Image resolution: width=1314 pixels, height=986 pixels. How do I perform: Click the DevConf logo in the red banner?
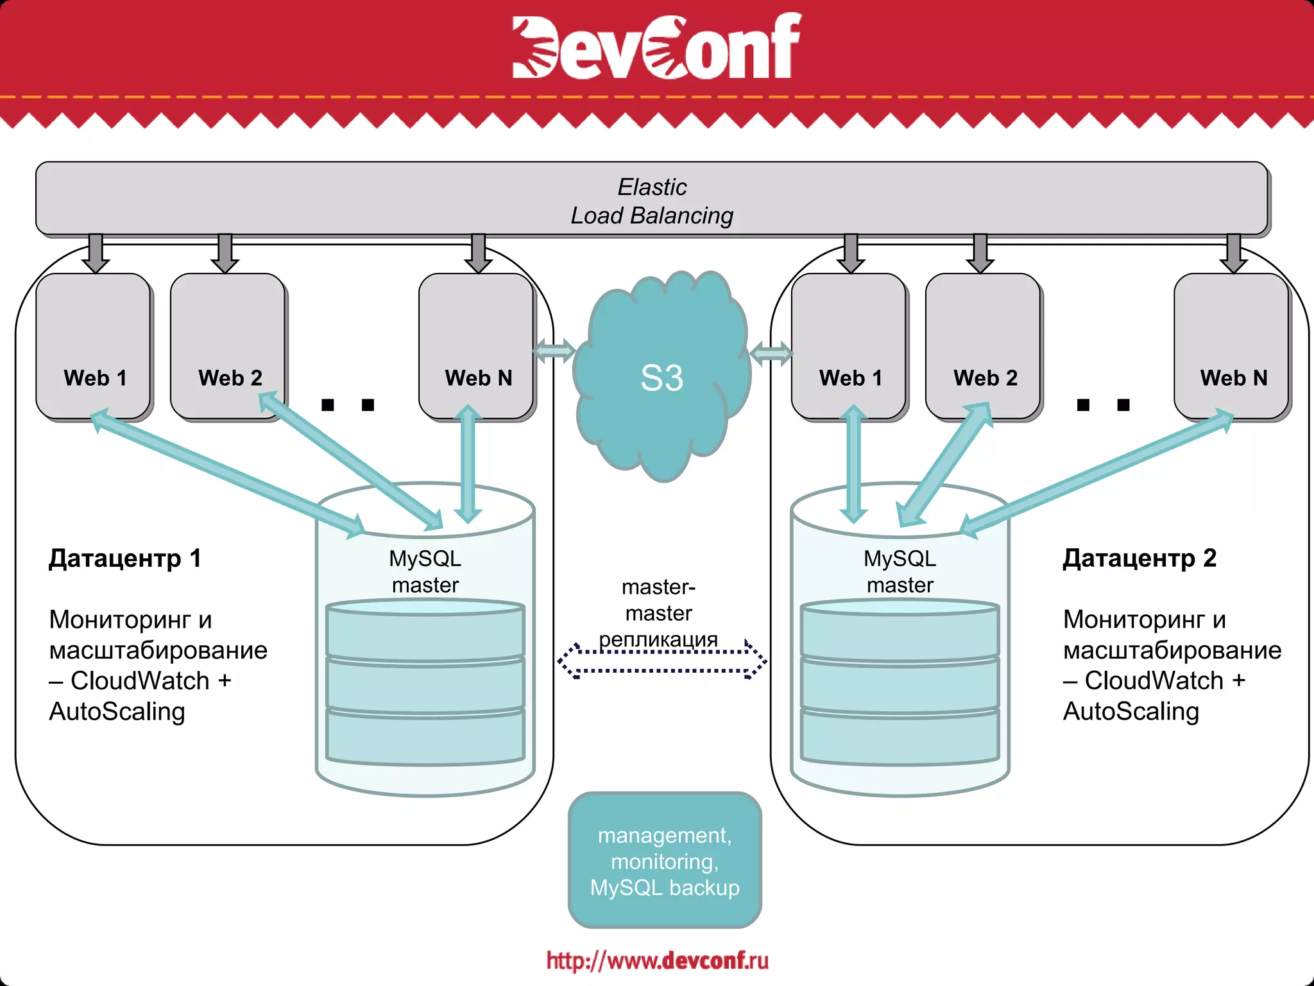tap(656, 46)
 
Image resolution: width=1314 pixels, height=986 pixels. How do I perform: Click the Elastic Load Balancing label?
tap(652, 201)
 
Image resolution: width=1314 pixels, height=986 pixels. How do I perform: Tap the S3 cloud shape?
tap(662, 377)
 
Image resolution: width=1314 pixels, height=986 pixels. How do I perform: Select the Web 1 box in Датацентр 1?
tap(94, 347)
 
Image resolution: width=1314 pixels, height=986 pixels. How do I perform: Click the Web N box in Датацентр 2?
tap(1231, 347)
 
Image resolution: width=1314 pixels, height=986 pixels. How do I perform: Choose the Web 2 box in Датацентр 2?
tap(983, 347)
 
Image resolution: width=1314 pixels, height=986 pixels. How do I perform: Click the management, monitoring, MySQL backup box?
tap(665, 861)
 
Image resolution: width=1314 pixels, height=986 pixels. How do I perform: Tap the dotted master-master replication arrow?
tap(662, 661)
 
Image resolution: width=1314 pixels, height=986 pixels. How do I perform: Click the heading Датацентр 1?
tap(125, 558)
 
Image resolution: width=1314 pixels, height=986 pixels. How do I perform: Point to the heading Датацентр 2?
tap(1139, 558)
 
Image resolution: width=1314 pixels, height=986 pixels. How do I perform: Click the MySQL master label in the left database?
tap(425, 571)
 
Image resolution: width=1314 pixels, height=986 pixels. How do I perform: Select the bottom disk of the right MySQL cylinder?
tap(900, 737)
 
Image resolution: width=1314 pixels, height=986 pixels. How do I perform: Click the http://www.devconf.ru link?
tap(657, 960)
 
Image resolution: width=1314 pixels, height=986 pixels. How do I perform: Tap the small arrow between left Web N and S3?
tap(553, 351)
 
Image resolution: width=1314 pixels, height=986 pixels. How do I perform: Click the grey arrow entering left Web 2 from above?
tap(225, 254)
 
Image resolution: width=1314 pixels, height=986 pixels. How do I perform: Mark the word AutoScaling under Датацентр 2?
tap(1131, 711)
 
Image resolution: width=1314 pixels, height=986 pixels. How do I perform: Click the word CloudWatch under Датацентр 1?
tap(140, 680)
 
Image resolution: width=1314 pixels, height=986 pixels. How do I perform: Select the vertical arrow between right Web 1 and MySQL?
tap(853, 463)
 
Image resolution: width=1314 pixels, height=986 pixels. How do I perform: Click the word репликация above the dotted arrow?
tap(658, 639)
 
